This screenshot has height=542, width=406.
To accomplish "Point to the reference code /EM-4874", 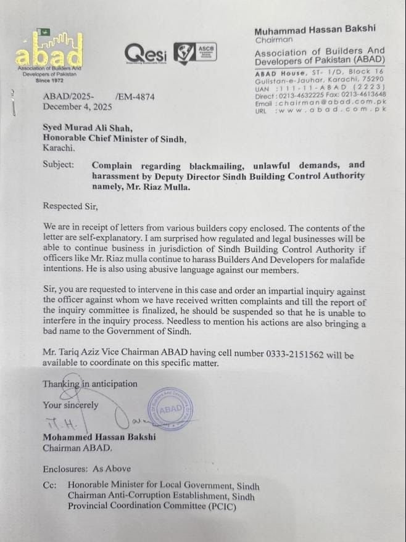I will pos(135,97).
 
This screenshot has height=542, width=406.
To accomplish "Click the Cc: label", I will pos(50,485).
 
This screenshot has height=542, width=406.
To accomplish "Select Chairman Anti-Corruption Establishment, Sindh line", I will pos(161,496).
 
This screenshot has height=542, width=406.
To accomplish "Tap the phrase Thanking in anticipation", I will pos(90,384).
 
